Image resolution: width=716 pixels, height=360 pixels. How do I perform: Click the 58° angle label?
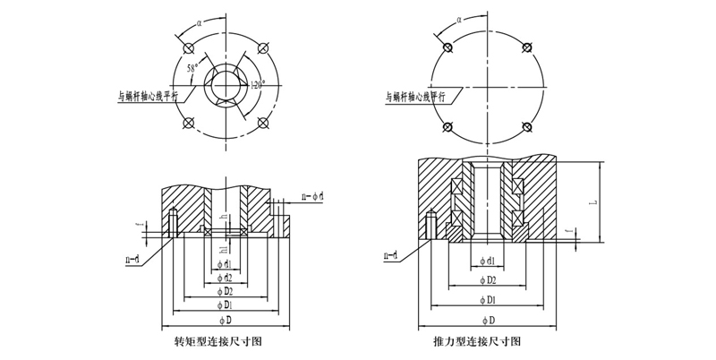pos(192,67)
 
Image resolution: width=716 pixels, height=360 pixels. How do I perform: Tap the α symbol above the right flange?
pos(458,17)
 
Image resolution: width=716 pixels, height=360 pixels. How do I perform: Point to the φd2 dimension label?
pos(226,278)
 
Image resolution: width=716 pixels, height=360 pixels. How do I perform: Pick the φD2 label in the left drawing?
pos(226,291)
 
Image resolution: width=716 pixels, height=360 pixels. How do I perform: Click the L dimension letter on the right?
pos(592,203)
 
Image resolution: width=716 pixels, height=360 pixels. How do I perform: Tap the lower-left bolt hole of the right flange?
pos(446,128)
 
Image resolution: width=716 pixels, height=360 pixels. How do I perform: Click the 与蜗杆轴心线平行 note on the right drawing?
pos(420,95)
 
